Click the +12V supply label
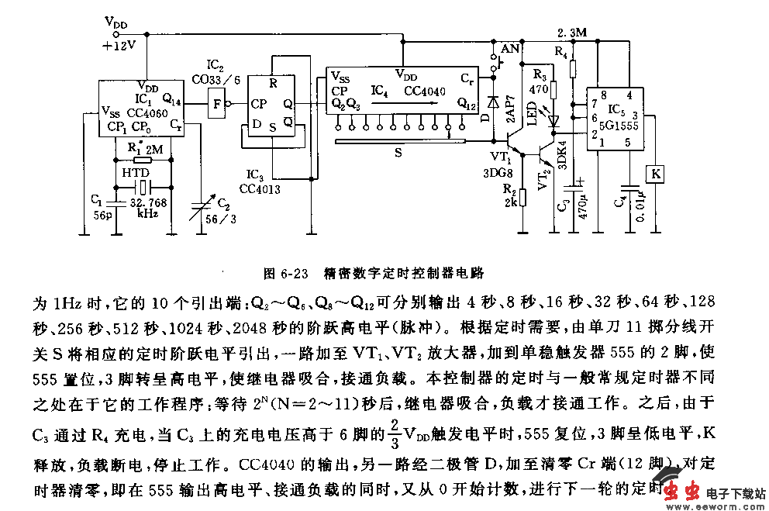tap(119, 45)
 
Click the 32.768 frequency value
tap(153, 200)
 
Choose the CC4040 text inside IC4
tap(425, 91)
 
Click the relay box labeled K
tap(655, 174)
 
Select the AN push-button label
tap(509, 48)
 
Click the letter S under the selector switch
tap(398, 154)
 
